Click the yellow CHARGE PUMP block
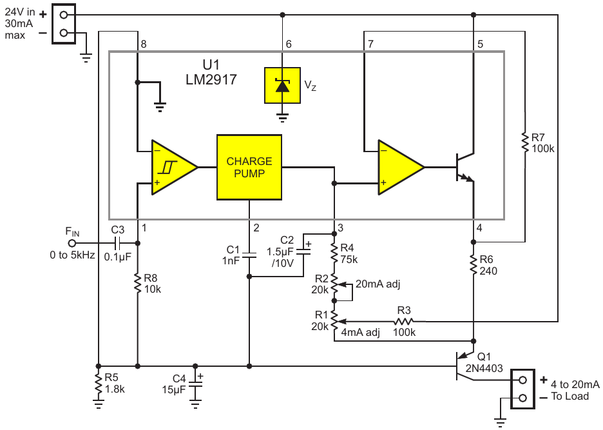click(x=249, y=167)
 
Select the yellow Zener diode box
click(x=282, y=85)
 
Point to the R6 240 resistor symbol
click(x=474, y=264)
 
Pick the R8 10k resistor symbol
click(x=138, y=283)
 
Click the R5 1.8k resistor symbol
click(x=99, y=383)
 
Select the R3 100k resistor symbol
click(x=404, y=321)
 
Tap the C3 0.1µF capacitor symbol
click(x=118, y=243)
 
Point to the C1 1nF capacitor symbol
click(x=249, y=255)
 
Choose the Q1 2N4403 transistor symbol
click(x=463, y=366)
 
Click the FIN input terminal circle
click(x=72, y=243)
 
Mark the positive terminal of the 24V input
click(x=64, y=15)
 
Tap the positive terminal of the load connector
click(x=522, y=380)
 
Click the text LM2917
click(x=211, y=80)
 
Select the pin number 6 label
click(x=289, y=44)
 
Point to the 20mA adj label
click(x=378, y=284)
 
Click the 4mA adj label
click(x=360, y=332)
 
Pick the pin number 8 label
click(x=144, y=44)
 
